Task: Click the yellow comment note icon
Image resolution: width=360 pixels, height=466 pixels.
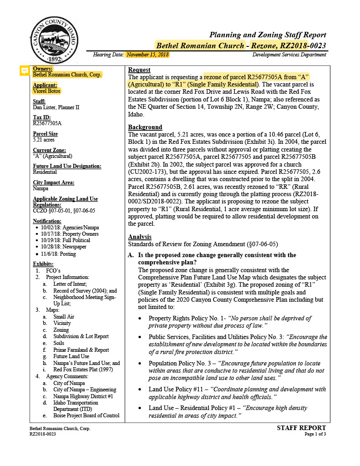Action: click(x=25, y=71)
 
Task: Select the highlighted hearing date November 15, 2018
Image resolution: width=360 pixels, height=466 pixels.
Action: click(x=147, y=55)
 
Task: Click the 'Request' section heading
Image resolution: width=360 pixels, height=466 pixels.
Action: click(x=139, y=70)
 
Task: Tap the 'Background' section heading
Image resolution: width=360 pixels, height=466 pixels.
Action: click(x=145, y=127)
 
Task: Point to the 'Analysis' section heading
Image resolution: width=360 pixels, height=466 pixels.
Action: click(x=140, y=237)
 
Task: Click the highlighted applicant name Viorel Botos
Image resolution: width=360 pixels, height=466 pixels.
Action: click(x=46, y=91)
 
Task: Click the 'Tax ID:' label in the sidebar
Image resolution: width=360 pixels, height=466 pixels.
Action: click(x=42, y=117)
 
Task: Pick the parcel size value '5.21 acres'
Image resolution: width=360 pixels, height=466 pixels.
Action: click(x=44, y=140)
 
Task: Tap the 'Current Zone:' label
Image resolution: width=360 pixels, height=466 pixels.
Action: click(x=49, y=150)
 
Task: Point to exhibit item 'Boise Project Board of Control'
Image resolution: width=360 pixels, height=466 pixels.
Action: click(x=86, y=415)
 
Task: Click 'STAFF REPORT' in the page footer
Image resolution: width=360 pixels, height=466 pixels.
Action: click(x=301, y=428)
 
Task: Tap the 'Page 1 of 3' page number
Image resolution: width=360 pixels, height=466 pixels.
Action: click(x=315, y=434)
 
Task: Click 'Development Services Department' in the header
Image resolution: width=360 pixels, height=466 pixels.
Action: click(x=289, y=55)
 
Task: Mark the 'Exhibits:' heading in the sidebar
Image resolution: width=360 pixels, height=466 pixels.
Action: click(x=43, y=264)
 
